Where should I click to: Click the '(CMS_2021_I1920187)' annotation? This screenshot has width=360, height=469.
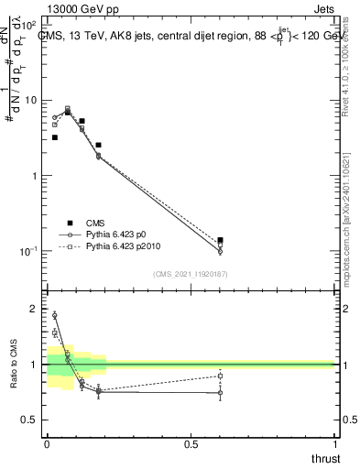point(191,274)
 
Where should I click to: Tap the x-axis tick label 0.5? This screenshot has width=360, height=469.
point(191,445)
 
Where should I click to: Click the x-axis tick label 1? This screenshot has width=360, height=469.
point(334,445)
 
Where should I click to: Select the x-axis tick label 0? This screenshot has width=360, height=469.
point(47,445)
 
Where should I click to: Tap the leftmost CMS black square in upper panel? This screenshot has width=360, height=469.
point(55,137)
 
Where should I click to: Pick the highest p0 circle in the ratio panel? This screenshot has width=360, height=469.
point(55,315)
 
